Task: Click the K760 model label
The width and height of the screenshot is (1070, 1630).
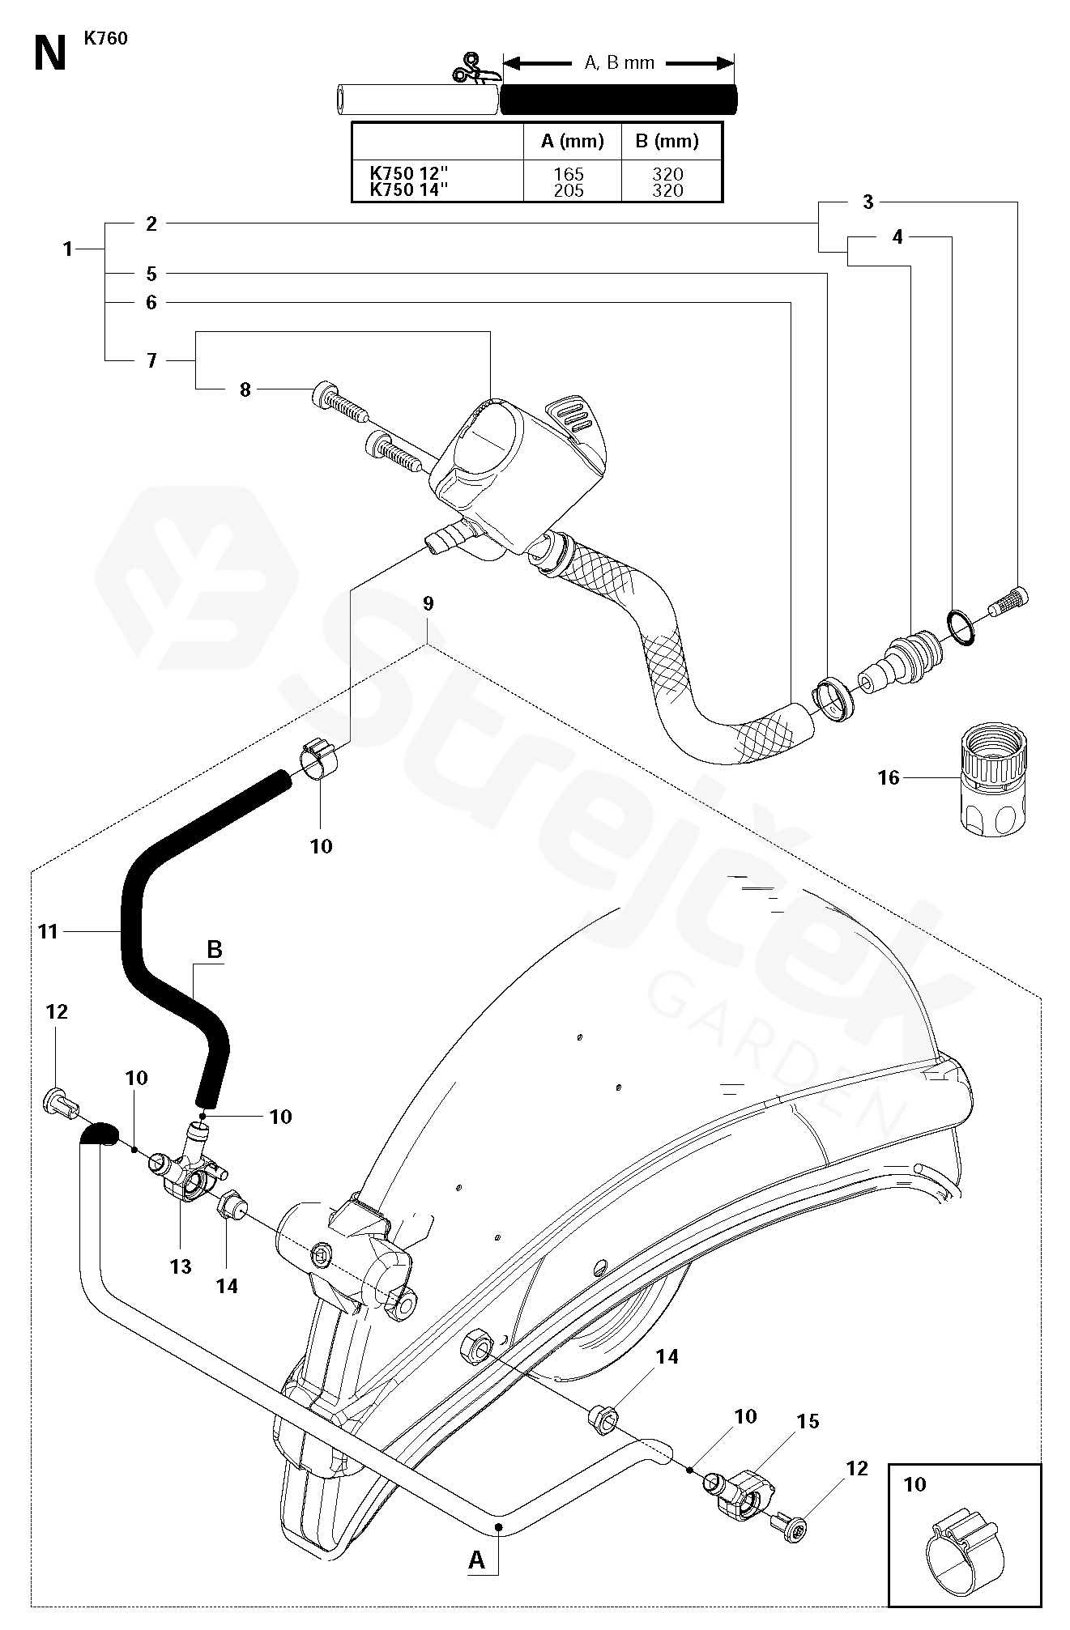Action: (105, 38)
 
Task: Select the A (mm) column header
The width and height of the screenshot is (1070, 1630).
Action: (573, 142)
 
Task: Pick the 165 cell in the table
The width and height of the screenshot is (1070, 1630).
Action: (569, 174)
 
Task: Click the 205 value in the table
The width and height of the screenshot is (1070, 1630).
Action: (569, 190)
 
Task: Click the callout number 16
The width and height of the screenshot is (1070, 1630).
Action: (889, 777)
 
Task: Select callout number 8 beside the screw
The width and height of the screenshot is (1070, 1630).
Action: (245, 389)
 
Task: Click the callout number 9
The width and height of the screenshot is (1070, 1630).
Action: (428, 603)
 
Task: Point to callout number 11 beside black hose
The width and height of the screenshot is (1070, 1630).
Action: (49, 932)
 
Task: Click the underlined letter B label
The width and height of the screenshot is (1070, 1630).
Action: (215, 949)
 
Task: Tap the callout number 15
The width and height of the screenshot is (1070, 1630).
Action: (808, 1421)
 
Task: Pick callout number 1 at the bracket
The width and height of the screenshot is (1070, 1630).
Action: (68, 249)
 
